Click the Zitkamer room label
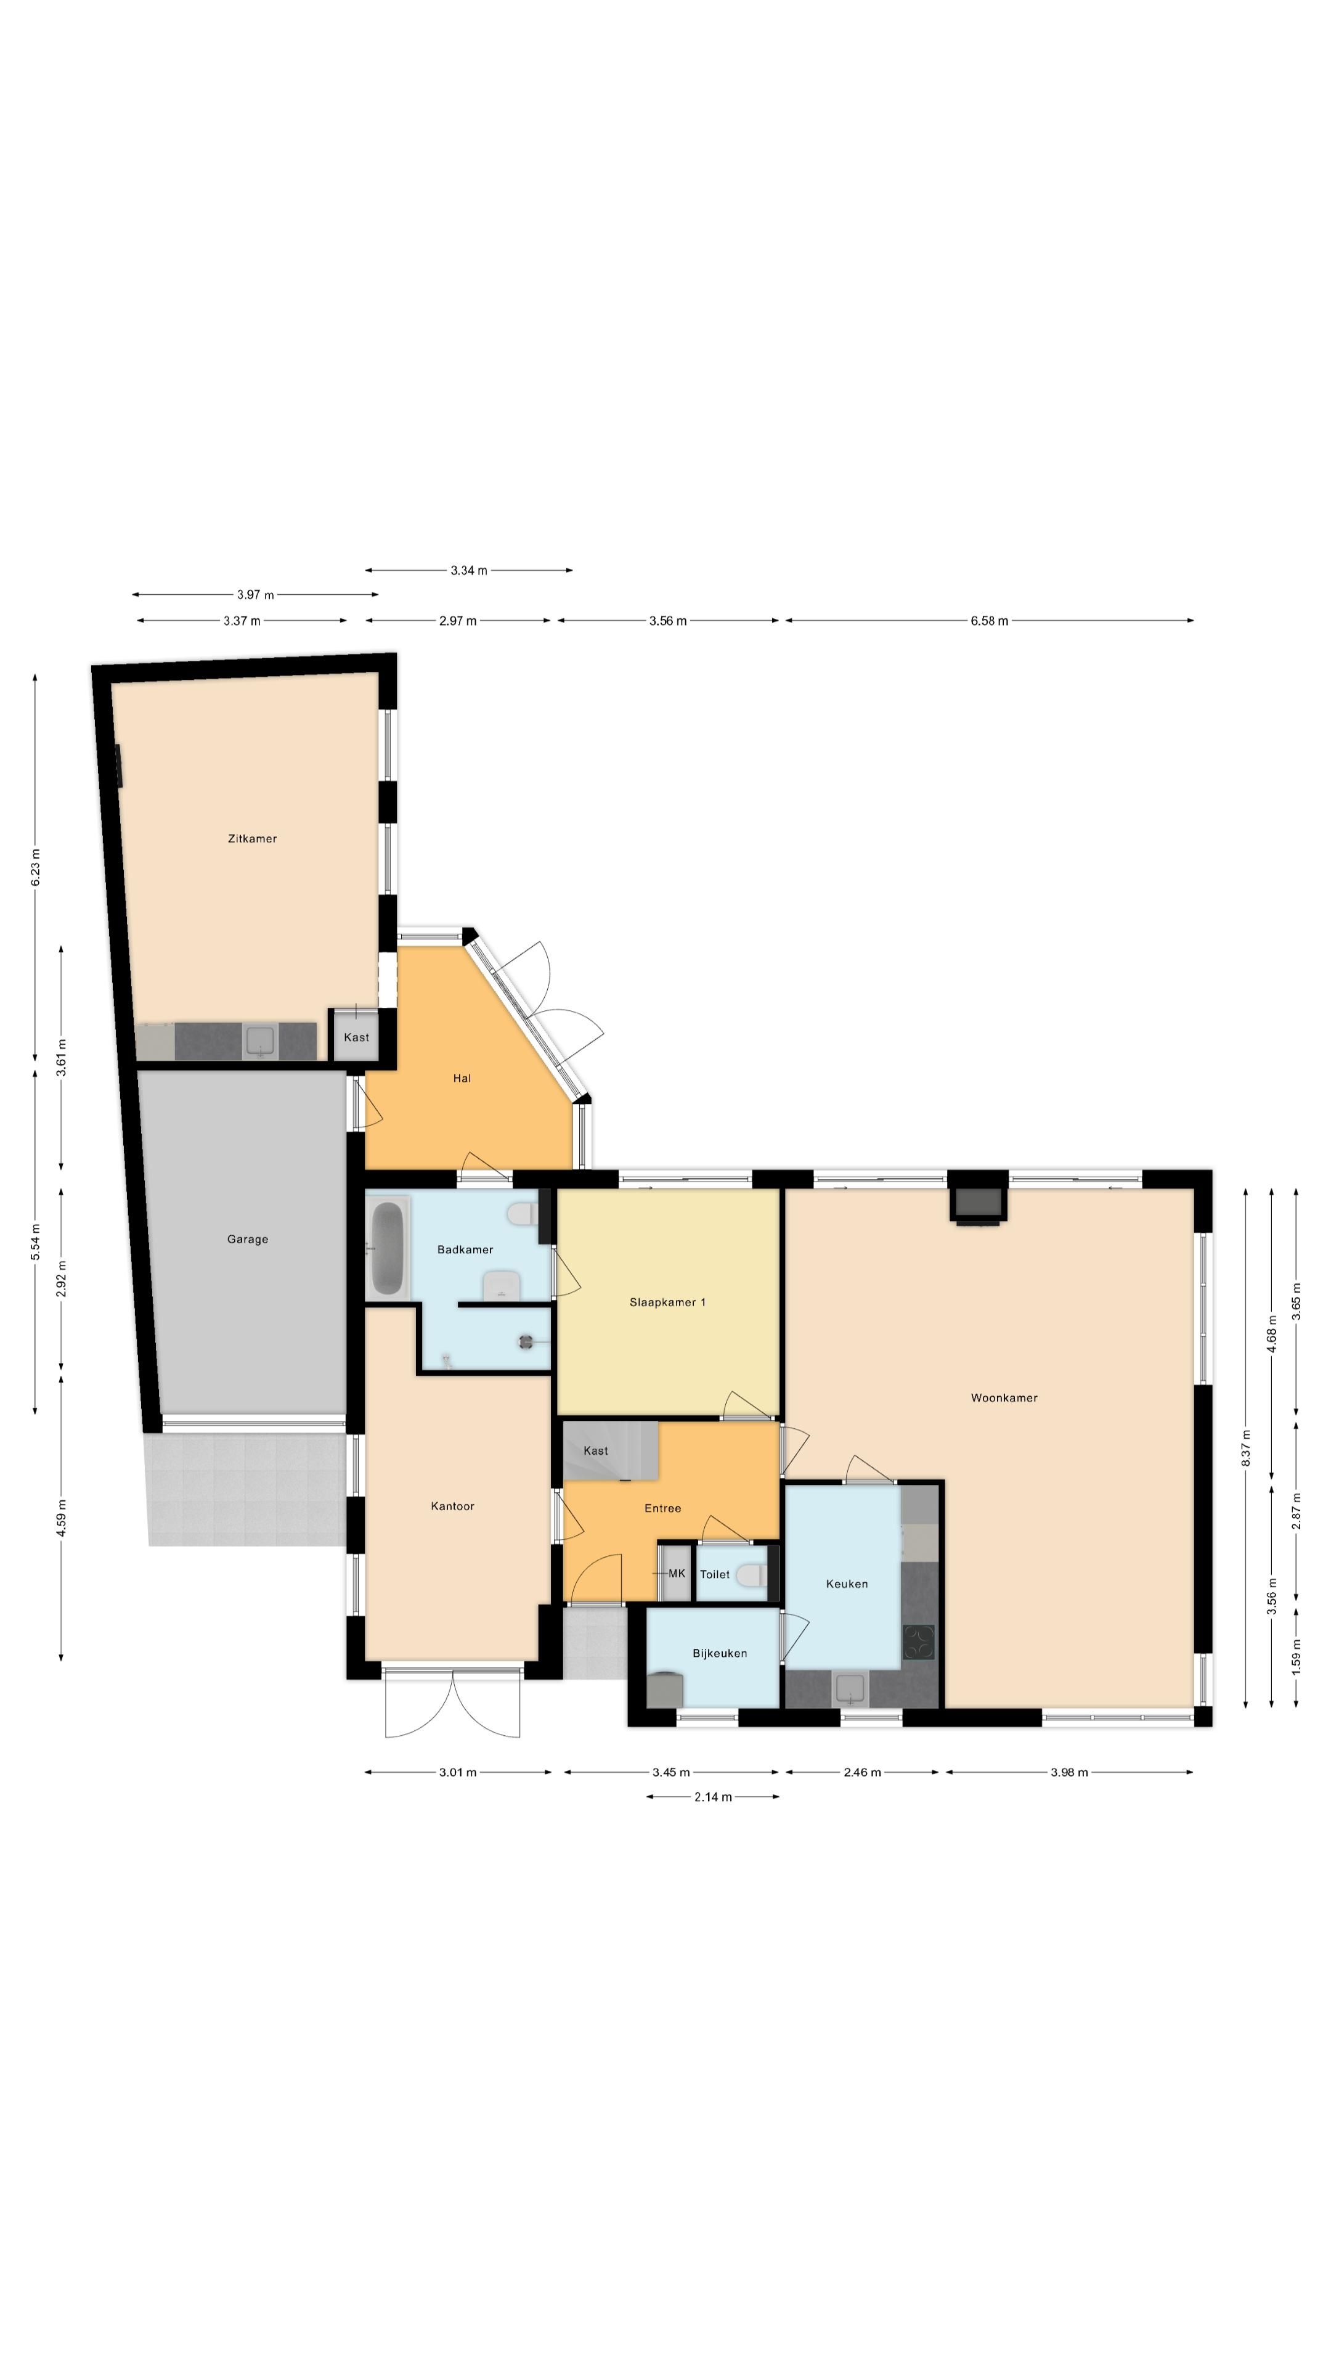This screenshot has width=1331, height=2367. [251, 838]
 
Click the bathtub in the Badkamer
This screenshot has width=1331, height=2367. [388, 1249]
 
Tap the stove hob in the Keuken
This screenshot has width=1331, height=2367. [919, 1642]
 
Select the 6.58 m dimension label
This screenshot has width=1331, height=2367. [989, 621]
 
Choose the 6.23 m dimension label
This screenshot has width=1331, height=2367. [36, 867]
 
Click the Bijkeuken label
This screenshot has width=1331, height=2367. [719, 1653]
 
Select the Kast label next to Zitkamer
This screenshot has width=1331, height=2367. [356, 1037]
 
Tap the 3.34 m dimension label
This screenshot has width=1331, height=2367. [468, 571]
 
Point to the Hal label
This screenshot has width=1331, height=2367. [462, 1078]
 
